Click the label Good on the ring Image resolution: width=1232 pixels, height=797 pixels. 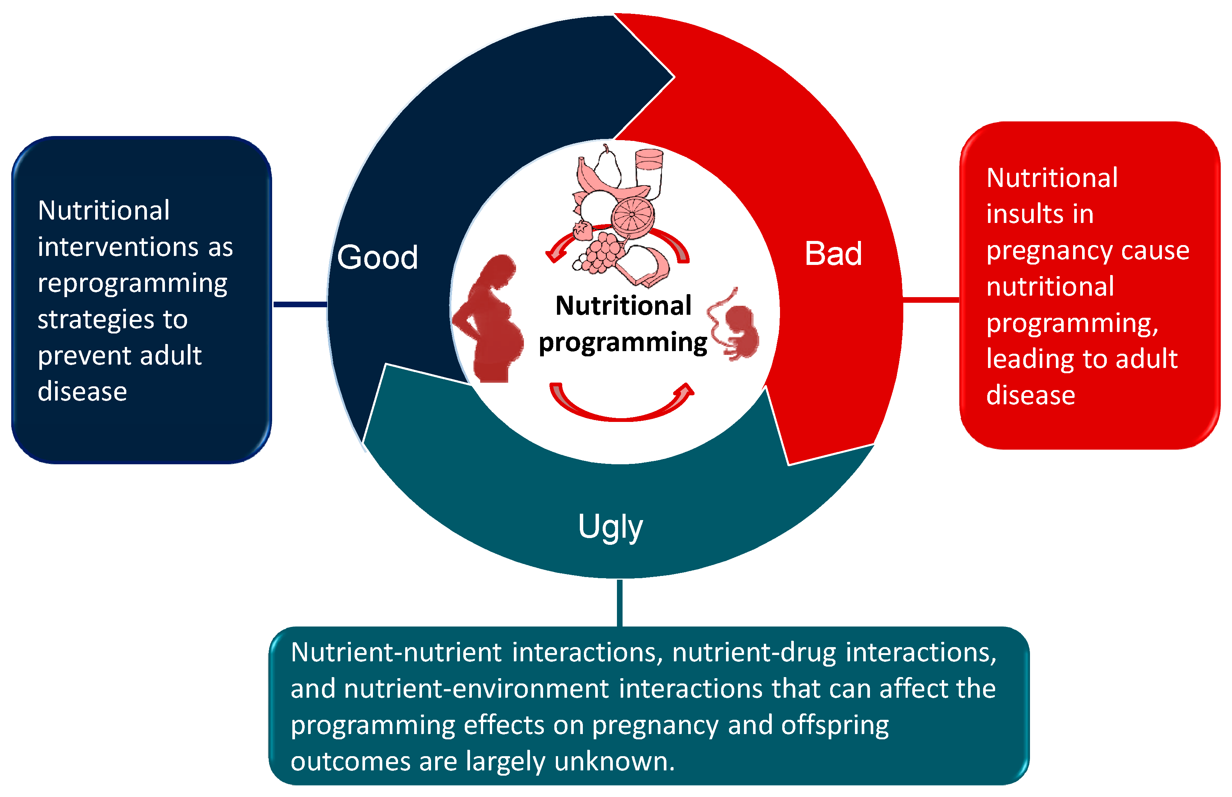tap(377, 257)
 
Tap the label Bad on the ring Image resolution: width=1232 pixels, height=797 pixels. tap(833, 254)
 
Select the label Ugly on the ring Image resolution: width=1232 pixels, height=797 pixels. tap(610, 527)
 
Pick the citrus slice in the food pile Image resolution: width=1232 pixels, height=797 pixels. tap(632, 216)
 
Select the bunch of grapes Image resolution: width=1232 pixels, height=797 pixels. tap(600, 254)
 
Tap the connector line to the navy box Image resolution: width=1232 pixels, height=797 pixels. tap(300, 304)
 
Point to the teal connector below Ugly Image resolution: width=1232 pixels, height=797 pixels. tap(620, 603)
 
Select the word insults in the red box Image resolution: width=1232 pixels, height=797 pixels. tap(1040, 214)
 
